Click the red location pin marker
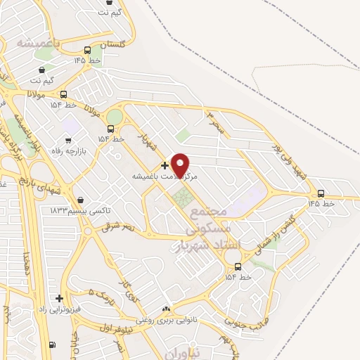pyautogui.click(x=181, y=165)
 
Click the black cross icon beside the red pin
pyautogui.click(x=165, y=165)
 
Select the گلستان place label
pyautogui.click(x=112, y=44)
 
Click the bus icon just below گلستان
pyautogui.click(x=87, y=51)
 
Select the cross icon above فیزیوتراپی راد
pyautogui.click(x=59, y=297)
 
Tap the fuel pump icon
pyautogui.click(x=53, y=345)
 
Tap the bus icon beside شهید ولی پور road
pyautogui.click(x=321, y=193)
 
